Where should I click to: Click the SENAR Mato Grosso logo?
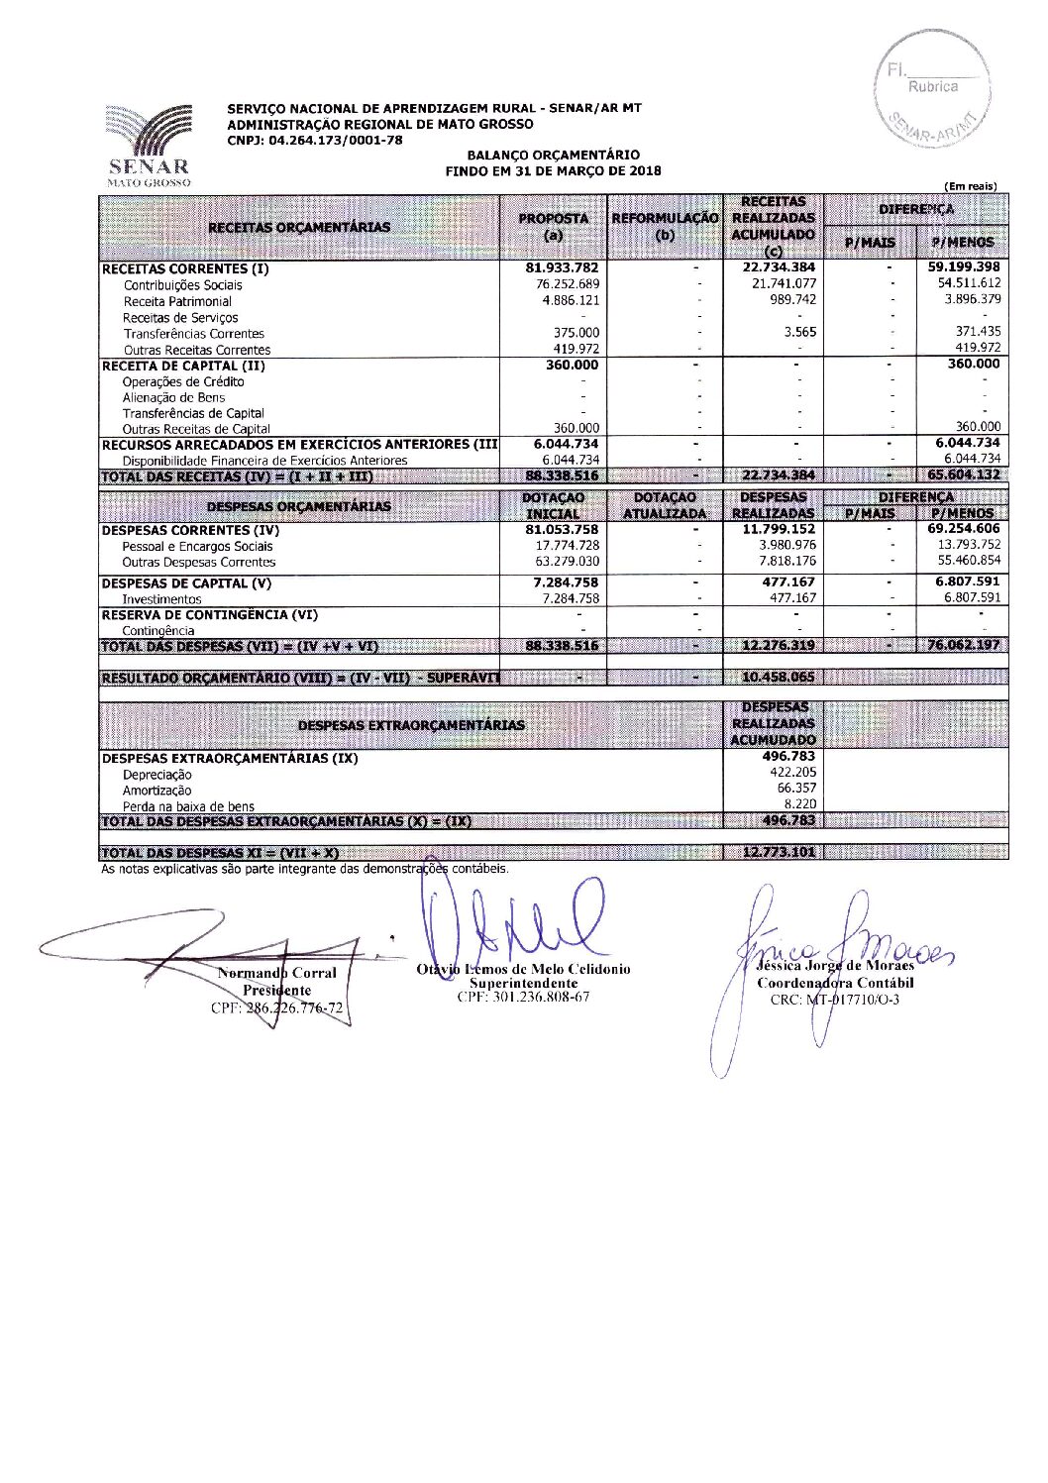point(148,145)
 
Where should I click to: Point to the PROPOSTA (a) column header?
point(554,227)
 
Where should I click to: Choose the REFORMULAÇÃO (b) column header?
point(665,227)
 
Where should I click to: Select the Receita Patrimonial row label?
point(177,301)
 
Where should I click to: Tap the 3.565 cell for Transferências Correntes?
point(799,333)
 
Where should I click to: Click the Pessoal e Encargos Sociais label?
point(197,546)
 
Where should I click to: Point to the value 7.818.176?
point(787,562)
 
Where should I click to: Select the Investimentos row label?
point(161,599)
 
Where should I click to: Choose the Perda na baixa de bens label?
point(188,806)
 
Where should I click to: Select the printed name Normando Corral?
point(276,973)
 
